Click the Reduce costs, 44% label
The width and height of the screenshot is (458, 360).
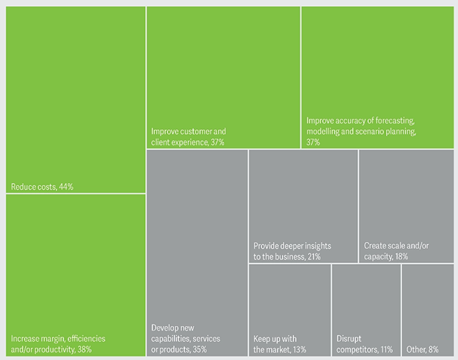coord(42,186)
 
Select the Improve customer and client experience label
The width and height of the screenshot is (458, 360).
coord(188,136)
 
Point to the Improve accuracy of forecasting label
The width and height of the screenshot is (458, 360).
coord(361,131)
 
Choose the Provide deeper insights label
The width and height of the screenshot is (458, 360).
coord(291,251)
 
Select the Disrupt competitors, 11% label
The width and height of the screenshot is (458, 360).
coord(365,343)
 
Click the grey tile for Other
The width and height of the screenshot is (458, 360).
coord(428,303)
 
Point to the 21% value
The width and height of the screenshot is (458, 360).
coord(313,257)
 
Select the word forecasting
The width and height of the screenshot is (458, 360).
coord(393,120)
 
